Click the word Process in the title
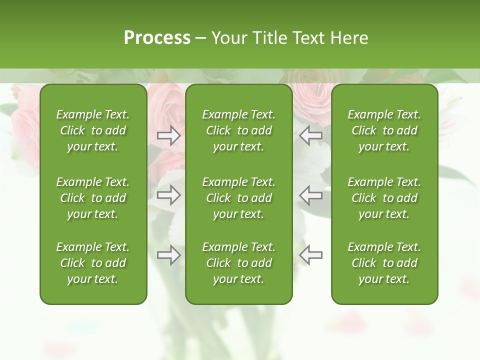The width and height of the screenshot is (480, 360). click(157, 38)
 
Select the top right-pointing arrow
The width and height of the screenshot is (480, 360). click(168, 135)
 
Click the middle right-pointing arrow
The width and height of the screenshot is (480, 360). click(168, 195)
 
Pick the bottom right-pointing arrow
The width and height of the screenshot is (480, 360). click(168, 255)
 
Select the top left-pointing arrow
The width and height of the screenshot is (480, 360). click(310, 135)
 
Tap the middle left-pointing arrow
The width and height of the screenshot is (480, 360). click(310, 195)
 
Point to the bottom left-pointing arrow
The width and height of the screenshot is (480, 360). click(310, 255)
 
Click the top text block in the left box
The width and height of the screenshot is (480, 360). click(93, 130)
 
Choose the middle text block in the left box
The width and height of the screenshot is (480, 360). click(93, 198)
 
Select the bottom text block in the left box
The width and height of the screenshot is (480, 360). click(93, 263)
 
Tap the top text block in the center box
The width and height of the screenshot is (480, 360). click(239, 130)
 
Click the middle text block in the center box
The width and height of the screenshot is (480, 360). click(239, 198)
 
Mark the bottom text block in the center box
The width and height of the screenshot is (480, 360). click(239, 263)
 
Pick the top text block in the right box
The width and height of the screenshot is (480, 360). click(384, 130)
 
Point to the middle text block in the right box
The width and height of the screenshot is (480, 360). click(384, 198)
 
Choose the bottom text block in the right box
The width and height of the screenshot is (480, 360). click(384, 263)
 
